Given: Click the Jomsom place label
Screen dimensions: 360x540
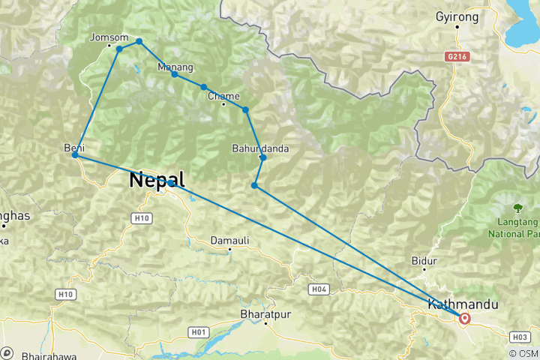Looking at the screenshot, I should click(104, 37).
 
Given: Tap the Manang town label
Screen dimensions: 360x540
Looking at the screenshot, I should click(175, 67).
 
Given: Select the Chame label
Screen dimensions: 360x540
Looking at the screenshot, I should click(223, 96).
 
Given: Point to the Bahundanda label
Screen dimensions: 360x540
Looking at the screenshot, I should click(260, 148).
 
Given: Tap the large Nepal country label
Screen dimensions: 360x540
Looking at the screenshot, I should click(157, 180).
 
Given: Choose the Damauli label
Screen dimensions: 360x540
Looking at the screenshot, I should click(229, 240).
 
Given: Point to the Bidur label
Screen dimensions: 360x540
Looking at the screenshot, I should click(424, 262).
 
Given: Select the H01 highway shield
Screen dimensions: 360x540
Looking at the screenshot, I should click(199, 331).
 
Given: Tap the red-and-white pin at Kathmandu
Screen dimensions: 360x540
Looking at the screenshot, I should click(465, 319).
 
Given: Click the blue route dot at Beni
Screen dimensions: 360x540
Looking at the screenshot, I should click(75, 155).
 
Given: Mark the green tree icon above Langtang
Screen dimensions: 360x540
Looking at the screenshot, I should click(517, 207).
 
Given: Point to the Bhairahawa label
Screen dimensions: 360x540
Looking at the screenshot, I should click(47, 353).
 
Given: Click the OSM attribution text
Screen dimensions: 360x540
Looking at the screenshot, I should click(523, 353).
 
